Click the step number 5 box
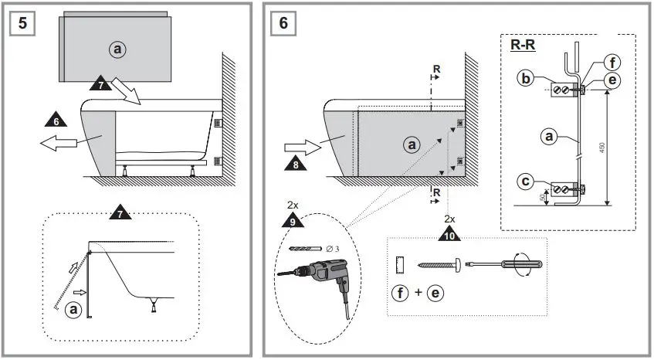coord(23,22)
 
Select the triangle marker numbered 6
coord(56,120)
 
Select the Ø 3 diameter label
coord(331,248)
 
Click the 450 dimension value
coord(602,146)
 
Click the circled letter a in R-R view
coord(549,137)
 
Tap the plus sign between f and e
coord(419,294)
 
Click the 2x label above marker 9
coord(293,206)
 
